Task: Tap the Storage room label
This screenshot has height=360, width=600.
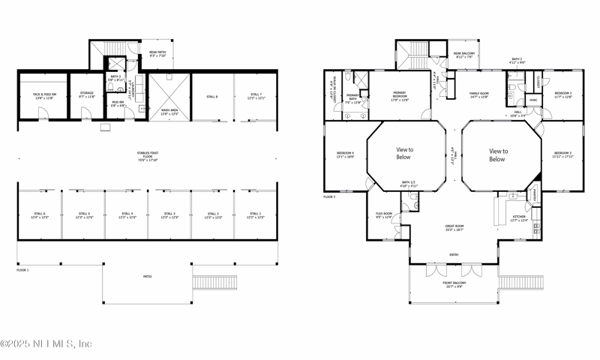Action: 86,95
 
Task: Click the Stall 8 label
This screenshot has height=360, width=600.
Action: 212,97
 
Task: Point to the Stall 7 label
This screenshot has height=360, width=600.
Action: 256,96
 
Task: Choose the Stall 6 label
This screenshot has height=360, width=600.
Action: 40,215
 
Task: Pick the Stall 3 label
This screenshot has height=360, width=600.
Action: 169,215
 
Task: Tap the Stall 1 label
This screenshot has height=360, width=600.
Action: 256,215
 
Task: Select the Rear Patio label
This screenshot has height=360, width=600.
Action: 157,53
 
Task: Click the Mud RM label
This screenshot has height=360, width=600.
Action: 118,103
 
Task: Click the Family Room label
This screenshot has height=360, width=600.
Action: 478,95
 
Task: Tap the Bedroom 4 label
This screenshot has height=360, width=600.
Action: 345,155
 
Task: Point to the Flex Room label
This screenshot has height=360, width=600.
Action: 384,215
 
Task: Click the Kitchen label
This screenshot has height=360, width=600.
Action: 519,218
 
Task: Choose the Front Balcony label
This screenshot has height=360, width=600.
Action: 454,284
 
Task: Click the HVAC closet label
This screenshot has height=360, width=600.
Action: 533,100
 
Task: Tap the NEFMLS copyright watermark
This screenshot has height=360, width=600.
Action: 46,343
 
